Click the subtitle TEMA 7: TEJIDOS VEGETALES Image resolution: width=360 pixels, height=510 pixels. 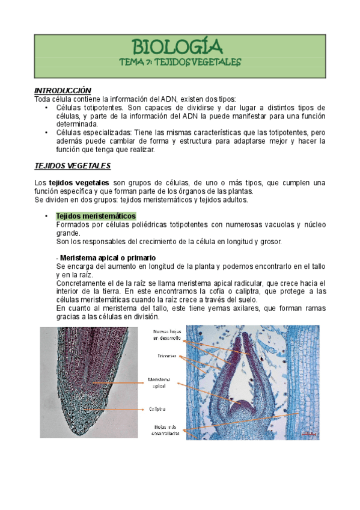pyautogui.click(x=179, y=62)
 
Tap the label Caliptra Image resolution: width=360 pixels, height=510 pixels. pyautogui.click(x=157, y=408)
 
